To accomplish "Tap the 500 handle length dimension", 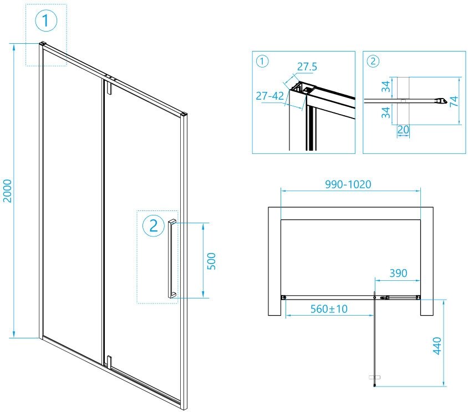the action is point(211,260).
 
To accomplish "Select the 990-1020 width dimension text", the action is point(349,184).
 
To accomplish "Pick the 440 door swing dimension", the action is point(437,346).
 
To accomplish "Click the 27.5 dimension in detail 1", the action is point(307,66).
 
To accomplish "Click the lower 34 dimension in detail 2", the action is point(386,112).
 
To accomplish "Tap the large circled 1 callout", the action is point(46,22).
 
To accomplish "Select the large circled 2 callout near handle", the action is point(154,225).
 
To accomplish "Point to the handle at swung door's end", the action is point(375,378).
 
